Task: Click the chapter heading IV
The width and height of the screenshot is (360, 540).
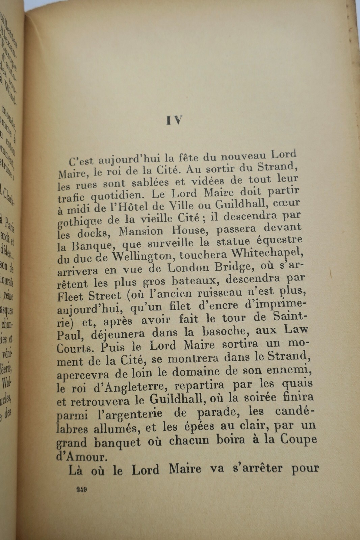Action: (x=175, y=120)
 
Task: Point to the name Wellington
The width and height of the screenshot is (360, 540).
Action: (x=139, y=257)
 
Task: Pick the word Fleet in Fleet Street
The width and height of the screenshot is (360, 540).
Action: (x=70, y=297)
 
